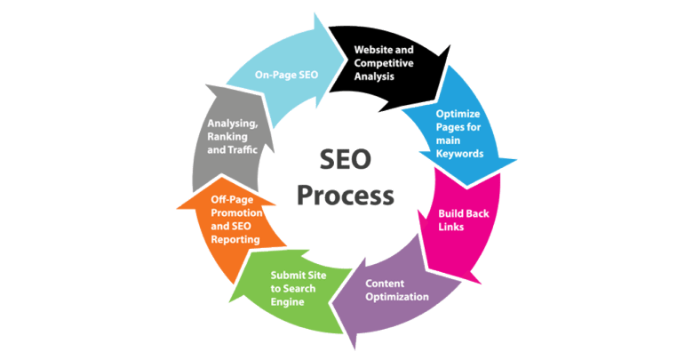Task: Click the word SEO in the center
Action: [x=345, y=159]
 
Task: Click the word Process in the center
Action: [x=345, y=193]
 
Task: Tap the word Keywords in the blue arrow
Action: [x=460, y=153]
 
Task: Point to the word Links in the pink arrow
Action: [x=452, y=228]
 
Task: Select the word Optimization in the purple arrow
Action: [x=398, y=296]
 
